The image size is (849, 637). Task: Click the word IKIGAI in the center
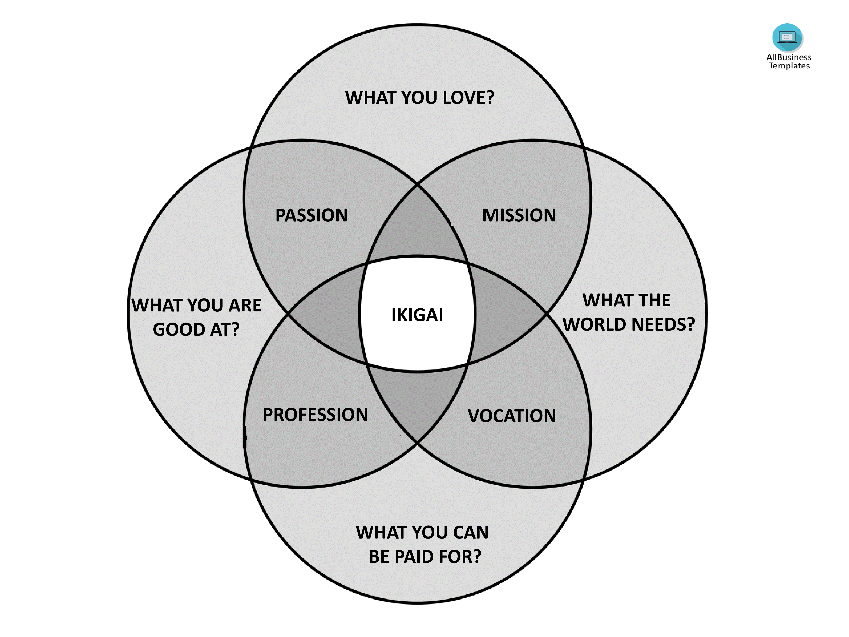coord(417,315)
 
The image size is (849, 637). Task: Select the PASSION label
coord(311,215)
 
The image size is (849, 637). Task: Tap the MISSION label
coord(519,215)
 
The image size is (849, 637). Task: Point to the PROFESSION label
coord(315,415)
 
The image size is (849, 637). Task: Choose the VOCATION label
coord(512,416)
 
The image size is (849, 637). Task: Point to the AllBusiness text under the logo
coord(789,57)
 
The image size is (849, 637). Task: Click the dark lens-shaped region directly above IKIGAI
coord(417,226)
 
